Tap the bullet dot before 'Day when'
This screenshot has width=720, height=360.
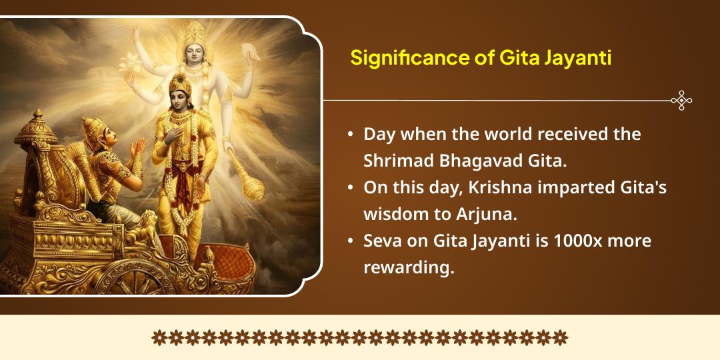351,135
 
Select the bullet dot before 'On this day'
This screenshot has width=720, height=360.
351,188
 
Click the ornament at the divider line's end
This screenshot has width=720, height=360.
681,101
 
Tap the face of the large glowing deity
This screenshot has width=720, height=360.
193,57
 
